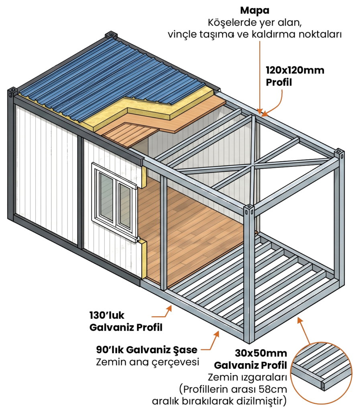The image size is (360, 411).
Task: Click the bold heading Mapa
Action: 254,11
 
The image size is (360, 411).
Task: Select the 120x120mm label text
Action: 295,70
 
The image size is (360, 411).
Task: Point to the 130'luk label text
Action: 107,315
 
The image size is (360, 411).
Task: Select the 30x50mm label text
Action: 261,353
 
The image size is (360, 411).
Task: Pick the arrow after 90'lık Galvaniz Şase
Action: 211,342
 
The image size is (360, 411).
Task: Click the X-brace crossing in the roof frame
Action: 252,165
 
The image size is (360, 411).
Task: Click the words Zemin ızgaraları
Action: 247,377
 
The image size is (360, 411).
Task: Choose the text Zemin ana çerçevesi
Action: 148,362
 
